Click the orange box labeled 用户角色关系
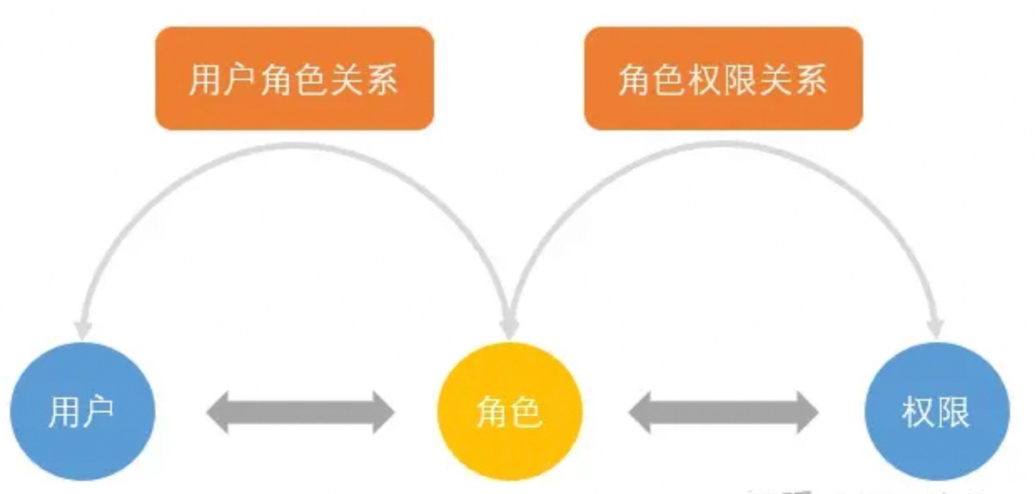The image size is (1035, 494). [x=294, y=78]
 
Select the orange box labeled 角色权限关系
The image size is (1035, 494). [x=723, y=78]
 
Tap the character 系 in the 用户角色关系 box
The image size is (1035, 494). [x=381, y=79]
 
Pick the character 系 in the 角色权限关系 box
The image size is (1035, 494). [x=810, y=79]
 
